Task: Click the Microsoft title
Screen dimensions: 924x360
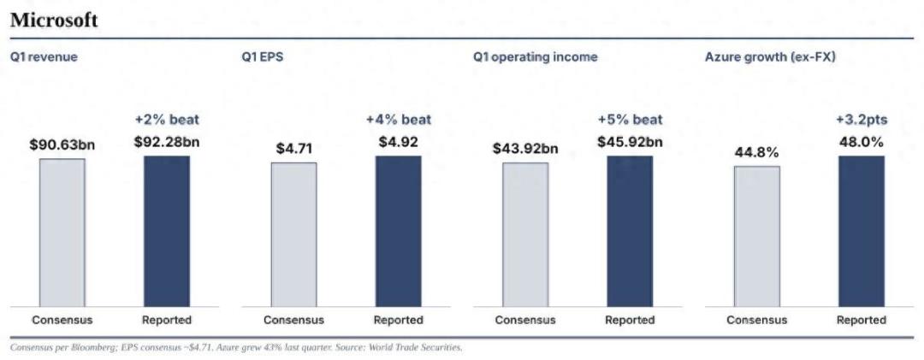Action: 54,21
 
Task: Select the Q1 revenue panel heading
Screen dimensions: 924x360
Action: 44,58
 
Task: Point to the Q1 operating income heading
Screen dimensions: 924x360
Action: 535,57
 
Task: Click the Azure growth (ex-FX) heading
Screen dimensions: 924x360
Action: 770,57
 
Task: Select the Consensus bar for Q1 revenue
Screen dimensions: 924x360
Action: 62,232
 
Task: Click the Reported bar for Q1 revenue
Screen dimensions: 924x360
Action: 167,231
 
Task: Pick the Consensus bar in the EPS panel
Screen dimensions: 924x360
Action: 293,234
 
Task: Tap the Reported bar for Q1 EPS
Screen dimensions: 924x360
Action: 399,231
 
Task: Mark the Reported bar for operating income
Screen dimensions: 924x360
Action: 630,231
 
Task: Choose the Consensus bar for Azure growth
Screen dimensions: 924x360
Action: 756,236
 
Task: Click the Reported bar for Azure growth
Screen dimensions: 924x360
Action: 862,231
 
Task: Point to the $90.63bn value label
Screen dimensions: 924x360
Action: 62,145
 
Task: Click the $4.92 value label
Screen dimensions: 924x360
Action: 399,142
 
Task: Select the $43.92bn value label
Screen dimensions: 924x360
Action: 525,149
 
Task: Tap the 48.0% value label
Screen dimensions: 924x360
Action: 862,142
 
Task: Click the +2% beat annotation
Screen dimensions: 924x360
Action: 167,120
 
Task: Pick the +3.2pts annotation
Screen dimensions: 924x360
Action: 862,120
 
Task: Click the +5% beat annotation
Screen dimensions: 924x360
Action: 630,120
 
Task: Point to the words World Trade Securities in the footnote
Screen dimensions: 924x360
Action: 415,348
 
